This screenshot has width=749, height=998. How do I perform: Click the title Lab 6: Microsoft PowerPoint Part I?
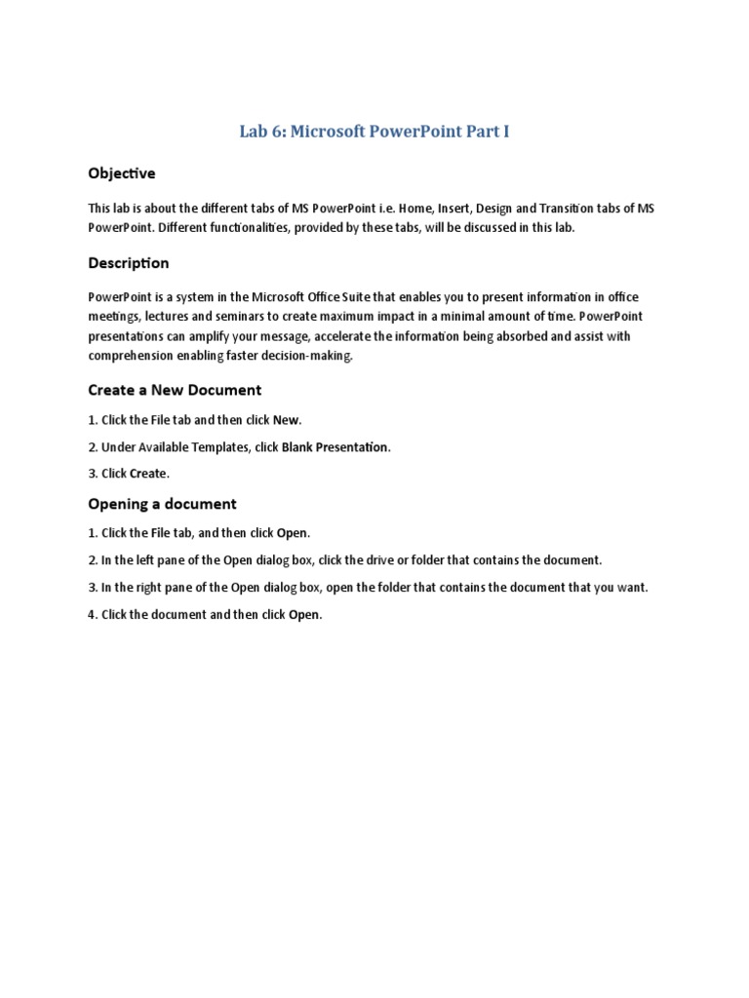pyautogui.click(x=374, y=132)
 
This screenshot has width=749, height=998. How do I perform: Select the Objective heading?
pyautogui.click(x=122, y=173)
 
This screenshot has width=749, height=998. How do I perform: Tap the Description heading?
pyautogui.click(x=129, y=263)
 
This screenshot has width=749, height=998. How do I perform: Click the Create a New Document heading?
pyautogui.click(x=175, y=390)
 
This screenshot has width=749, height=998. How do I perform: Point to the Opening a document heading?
pyautogui.click(x=162, y=504)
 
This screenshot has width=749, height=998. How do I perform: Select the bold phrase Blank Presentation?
pyautogui.click(x=335, y=447)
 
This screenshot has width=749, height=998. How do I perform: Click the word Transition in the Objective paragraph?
pyautogui.click(x=558, y=209)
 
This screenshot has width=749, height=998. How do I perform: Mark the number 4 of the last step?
pyautogui.click(x=91, y=615)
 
